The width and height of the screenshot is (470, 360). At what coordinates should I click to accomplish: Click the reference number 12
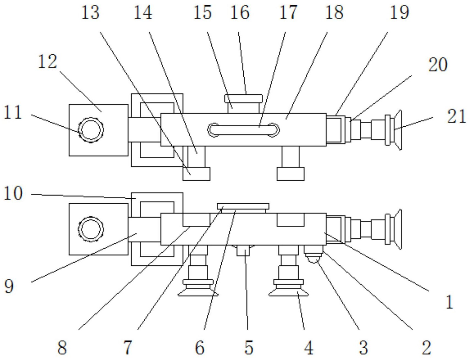(x=47, y=62)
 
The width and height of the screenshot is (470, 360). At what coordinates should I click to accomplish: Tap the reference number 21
(x=456, y=116)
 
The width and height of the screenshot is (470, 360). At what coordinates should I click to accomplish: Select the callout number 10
(x=13, y=193)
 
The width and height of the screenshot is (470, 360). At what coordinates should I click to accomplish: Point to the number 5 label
(x=249, y=347)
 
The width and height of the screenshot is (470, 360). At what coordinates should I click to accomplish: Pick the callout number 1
(x=450, y=302)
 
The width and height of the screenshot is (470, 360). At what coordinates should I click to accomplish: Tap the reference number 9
(x=9, y=286)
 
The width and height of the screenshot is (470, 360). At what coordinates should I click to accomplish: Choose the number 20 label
(x=438, y=65)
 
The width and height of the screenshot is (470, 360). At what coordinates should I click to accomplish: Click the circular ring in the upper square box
(x=91, y=130)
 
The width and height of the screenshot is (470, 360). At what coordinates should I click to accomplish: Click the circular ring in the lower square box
(x=91, y=229)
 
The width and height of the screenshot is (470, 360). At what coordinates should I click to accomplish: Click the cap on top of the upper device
(x=243, y=99)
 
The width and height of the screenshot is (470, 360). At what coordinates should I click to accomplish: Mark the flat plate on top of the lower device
(x=243, y=206)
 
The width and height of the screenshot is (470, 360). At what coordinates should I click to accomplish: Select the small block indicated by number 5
(x=243, y=251)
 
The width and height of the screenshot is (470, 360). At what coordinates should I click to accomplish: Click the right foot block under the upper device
(x=290, y=174)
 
